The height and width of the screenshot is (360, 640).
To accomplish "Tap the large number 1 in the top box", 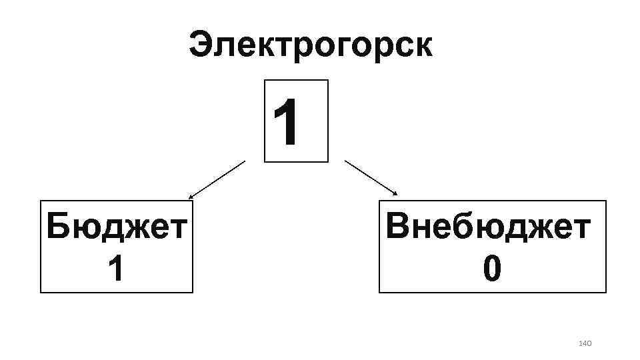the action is coord(289,122).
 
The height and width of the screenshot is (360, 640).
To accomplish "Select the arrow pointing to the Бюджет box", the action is coord(217,180).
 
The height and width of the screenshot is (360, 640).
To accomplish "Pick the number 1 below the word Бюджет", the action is coord(115,269).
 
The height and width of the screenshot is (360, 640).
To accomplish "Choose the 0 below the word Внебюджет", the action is coord(491,269).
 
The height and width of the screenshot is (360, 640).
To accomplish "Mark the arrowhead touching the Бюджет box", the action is coord(191,197).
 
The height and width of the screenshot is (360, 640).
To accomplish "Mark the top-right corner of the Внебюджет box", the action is coord(606,201).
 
